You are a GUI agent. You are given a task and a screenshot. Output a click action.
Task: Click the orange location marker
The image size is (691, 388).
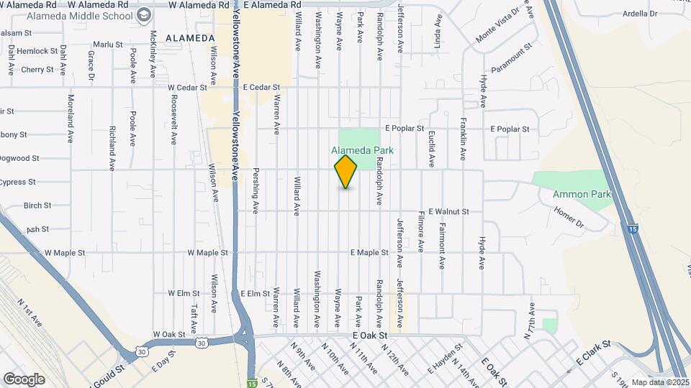tap(346, 172)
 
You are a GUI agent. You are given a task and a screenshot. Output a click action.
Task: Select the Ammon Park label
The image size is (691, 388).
tap(582, 194)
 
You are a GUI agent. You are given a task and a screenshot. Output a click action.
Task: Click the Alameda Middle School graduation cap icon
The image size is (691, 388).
tap(144, 14)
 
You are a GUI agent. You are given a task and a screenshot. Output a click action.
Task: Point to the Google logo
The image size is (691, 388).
tap(24, 379)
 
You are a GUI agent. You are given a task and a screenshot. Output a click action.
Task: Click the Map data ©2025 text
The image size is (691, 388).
tap(660, 382)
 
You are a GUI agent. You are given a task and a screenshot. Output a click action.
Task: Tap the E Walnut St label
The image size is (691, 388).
tap(448, 212)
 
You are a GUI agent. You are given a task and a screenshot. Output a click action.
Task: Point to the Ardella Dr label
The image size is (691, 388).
tap(641, 13)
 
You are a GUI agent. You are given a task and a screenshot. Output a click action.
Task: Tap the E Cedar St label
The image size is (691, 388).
tap(261, 88)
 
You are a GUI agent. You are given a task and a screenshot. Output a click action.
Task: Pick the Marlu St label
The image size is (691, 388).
tap(108, 45)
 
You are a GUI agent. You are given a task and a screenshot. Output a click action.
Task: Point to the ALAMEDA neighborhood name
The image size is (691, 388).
tap(190, 37)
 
